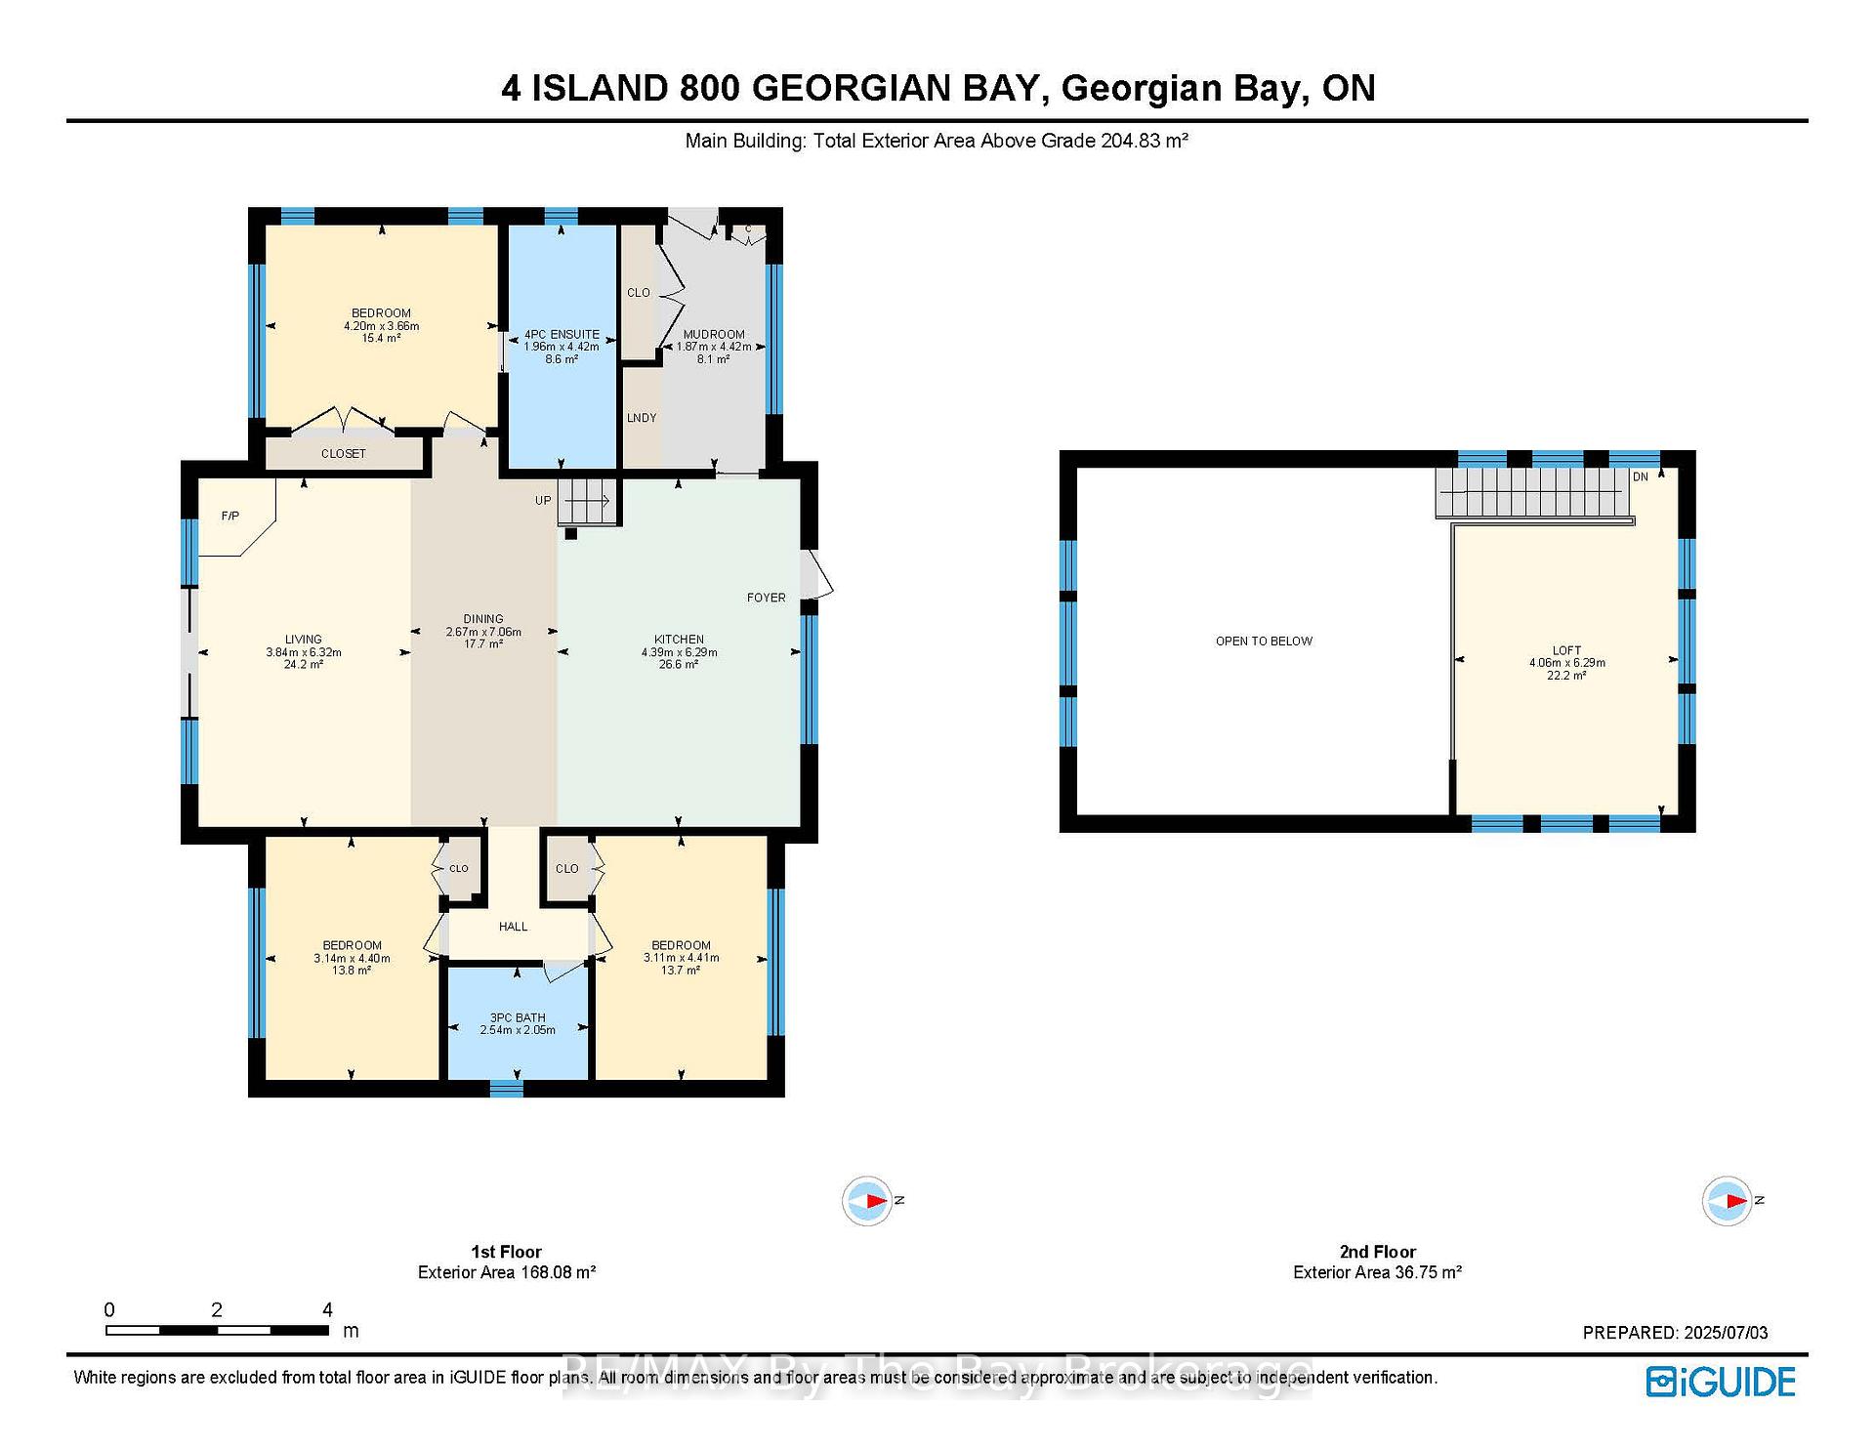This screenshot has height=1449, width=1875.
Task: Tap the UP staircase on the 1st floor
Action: tap(589, 501)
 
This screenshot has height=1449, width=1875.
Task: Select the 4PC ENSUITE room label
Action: tap(562, 334)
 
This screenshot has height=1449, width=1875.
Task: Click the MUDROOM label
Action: tap(714, 334)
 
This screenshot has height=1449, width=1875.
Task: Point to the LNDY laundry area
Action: tap(642, 418)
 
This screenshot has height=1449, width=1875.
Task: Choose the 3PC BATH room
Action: tap(518, 1022)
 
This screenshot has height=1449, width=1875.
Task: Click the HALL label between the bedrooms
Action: tap(514, 927)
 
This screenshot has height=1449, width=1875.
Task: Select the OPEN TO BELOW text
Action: tap(1264, 642)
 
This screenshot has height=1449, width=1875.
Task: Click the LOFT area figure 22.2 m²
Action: tap(1566, 676)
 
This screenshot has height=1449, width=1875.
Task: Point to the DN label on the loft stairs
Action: tap(1641, 476)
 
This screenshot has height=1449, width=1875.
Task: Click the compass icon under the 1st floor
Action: tap(867, 1200)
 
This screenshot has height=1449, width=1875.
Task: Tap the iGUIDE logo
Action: tap(1721, 1382)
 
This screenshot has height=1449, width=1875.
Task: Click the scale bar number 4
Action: tap(328, 1309)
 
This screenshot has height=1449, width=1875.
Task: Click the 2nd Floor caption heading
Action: tap(1378, 1252)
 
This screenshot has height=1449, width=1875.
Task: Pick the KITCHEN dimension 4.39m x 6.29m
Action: tap(679, 652)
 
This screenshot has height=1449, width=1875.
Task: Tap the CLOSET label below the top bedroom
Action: tap(344, 454)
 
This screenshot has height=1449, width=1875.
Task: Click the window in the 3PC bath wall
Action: tap(506, 1088)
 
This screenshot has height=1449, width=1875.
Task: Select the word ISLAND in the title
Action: tap(599, 89)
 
